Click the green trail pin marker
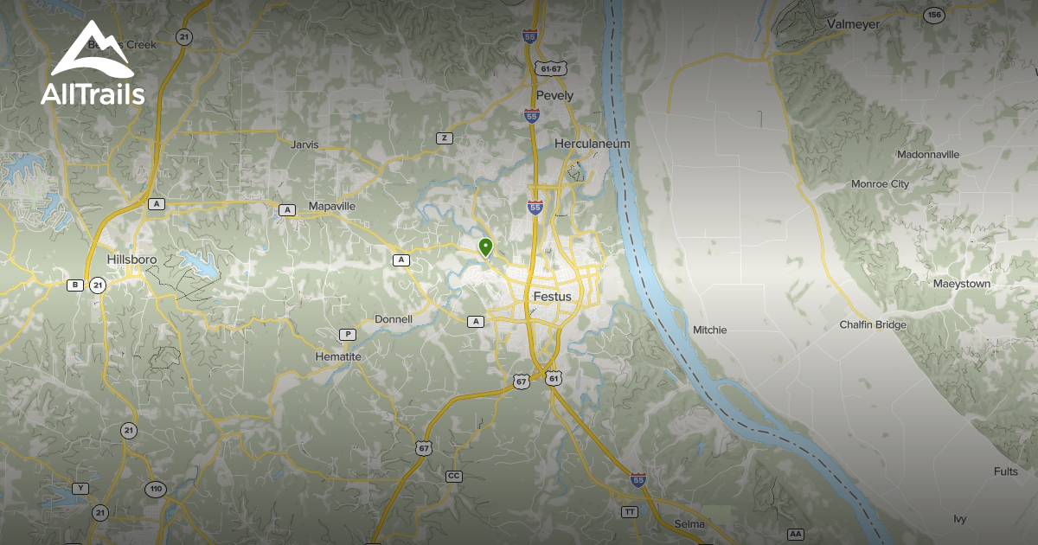click(x=485, y=247)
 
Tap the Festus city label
click(x=553, y=297)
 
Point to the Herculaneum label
click(x=593, y=144)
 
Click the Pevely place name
click(x=554, y=96)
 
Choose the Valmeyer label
click(x=853, y=24)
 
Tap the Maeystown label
click(x=961, y=284)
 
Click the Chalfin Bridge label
click(x=873, y=325)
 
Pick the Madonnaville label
click(x=928, y=155)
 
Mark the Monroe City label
click(x=880, y=184)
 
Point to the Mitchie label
click(x=709, y=330)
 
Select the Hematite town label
click(x=338, y=356)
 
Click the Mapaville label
click(x=332, y=207)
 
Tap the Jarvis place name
click(x=304, y=144)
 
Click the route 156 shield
click(x=933, y=15)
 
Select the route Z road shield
click(x=445, y=138)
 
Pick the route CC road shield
click(x=453, y=477)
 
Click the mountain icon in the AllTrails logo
click(x=92, y=52)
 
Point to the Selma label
click(x=689, y=524)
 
